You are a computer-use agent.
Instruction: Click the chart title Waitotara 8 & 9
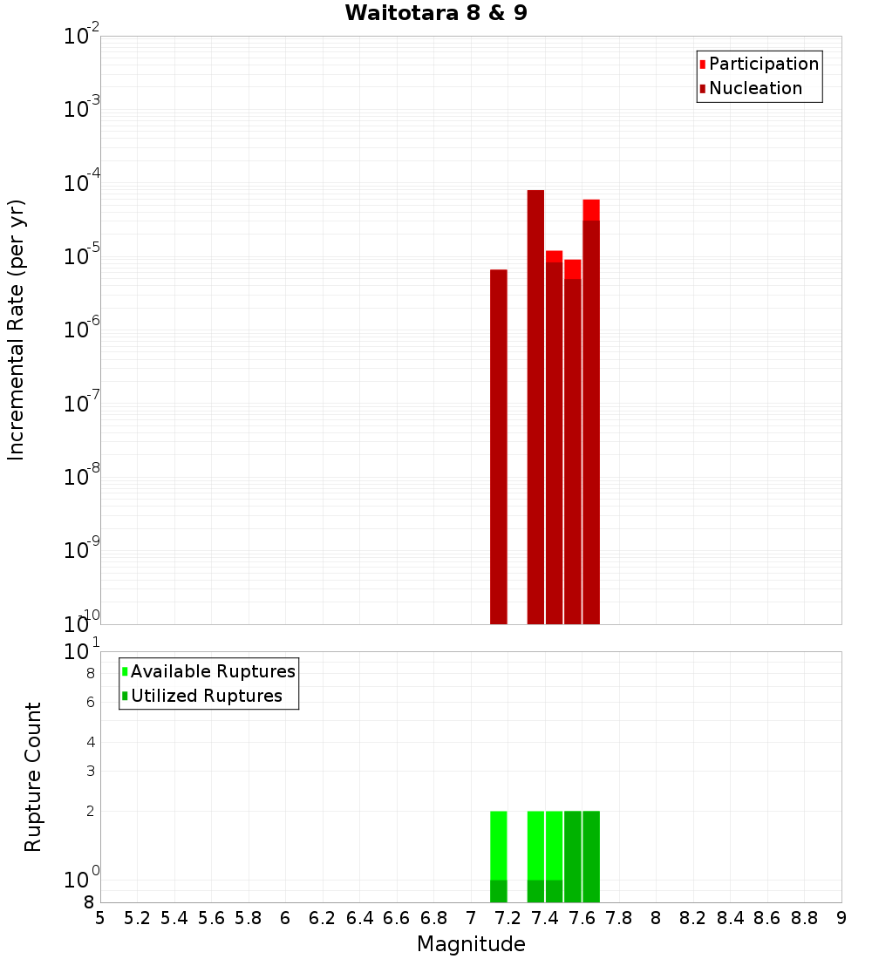click(436, 13)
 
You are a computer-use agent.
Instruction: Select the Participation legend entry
click(763, 64)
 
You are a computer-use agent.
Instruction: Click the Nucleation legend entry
click(755, 88)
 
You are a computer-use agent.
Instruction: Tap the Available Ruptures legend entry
click(213, 671)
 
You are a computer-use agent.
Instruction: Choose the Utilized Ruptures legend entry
click(206, 696)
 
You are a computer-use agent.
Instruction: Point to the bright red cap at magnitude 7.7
click(591, 209)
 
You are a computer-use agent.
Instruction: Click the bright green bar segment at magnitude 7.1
click(499, 845)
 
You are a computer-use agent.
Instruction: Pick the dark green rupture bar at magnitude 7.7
click(591, 856)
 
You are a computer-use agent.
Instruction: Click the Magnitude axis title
click(471, 944)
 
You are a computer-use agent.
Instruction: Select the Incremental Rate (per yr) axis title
click(17, 330)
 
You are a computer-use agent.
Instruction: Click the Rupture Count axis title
click(33, 777)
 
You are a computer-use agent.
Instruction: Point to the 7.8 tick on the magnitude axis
click(619, 918)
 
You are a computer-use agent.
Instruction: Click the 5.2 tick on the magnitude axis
click(137, 918)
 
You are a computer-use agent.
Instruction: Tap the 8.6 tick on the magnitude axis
click(767, 918)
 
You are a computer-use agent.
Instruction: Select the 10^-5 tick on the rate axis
click(82, 256)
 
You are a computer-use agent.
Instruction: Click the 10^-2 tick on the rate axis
click(82, 36)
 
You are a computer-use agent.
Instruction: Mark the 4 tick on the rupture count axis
click(89, 742)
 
